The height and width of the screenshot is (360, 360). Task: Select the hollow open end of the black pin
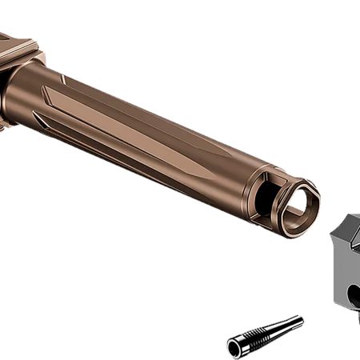coord(234,349)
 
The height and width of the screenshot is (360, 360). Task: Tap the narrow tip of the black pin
coord(300,320)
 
